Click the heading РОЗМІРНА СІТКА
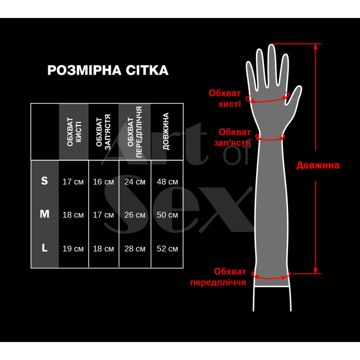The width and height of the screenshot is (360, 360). click(108, 70)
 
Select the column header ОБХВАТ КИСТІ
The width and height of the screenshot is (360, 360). click(74, 132)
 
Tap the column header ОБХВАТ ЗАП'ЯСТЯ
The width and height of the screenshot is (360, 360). click(103, 132)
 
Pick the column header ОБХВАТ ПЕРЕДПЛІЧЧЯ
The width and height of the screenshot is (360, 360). click(135, 132)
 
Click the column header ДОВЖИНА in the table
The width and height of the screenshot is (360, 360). click(166, 132)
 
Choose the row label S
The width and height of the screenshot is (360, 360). click(45, 181)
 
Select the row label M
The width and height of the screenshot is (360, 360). click(45, 214)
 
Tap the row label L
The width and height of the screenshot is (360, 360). click(45, 247)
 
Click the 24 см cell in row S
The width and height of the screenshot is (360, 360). click(135, 182)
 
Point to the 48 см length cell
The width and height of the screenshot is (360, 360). click(167, 182)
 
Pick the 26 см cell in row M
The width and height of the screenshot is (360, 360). click(135, 215)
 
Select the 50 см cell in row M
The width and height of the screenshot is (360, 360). click(167, 215)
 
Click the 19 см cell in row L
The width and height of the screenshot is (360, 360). click(73, 248)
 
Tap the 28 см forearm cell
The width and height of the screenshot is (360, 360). click(135, 248)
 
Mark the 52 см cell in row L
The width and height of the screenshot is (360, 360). click(167, 248)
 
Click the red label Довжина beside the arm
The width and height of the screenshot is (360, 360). click(318, 165)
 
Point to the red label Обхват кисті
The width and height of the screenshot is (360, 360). click(225, 98)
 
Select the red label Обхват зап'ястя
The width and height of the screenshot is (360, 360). click(234, 137)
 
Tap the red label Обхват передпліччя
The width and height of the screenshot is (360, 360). click(218, 277)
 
